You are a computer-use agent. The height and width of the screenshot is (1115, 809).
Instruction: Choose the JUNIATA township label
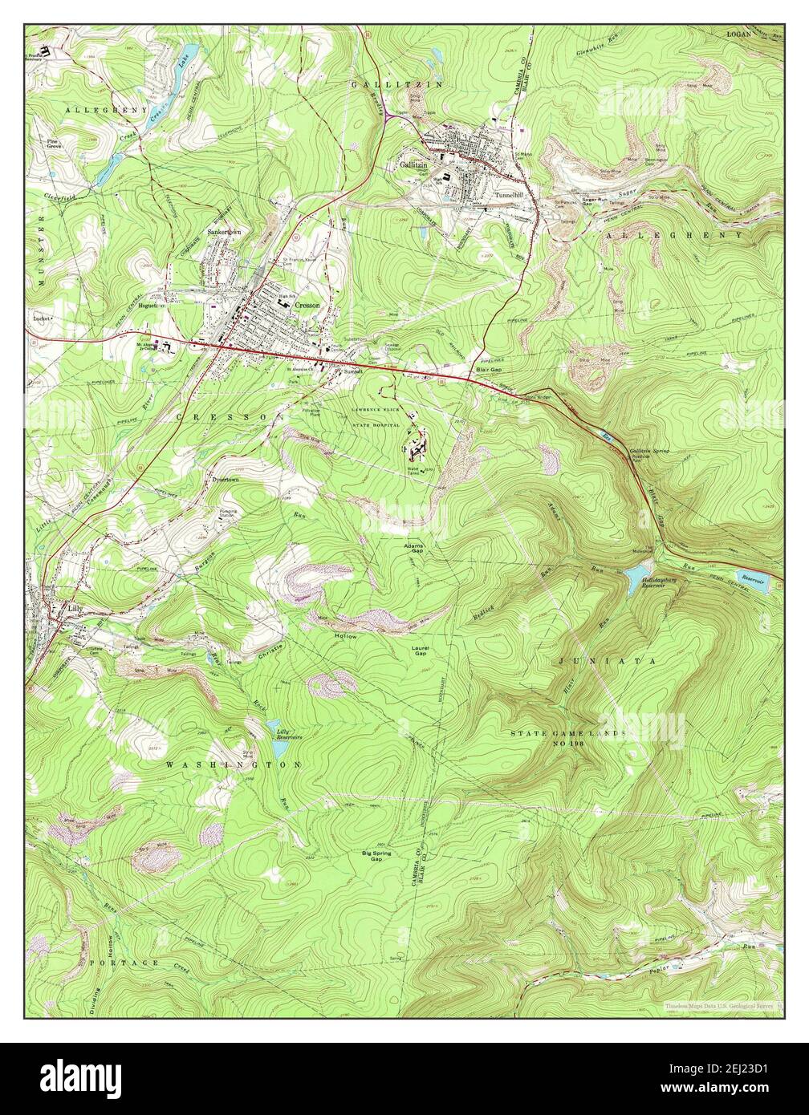tap(606, 661)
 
